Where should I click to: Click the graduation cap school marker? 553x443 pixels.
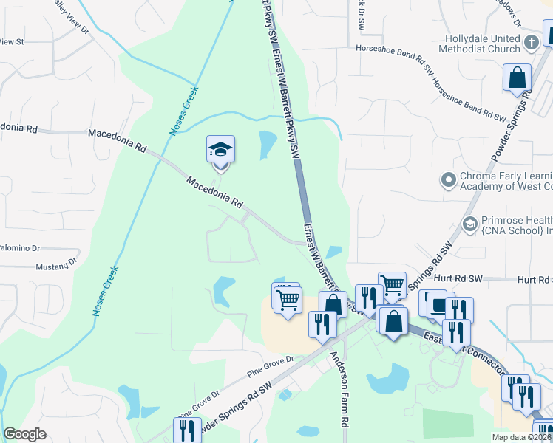click(220, 151)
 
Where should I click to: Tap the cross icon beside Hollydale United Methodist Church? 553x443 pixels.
click(531, 43)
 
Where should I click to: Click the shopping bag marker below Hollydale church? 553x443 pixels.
click(517, 77)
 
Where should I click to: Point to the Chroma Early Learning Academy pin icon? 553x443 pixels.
click(447, 179)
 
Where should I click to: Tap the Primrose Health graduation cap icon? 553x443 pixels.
click(469, 223)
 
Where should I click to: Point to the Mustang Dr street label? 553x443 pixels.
click(56, 263)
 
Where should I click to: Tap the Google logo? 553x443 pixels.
click(24, 434)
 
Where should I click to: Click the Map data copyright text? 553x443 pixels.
click(521, 437)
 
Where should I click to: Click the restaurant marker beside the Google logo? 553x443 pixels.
click(187, 430)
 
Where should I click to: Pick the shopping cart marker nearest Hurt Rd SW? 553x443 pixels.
click(392, 284)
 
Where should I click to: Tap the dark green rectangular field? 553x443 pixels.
click(448, 423)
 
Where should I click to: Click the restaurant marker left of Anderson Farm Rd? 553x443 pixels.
click(322, 325)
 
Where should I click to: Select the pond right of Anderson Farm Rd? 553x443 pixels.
click(387, 381)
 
